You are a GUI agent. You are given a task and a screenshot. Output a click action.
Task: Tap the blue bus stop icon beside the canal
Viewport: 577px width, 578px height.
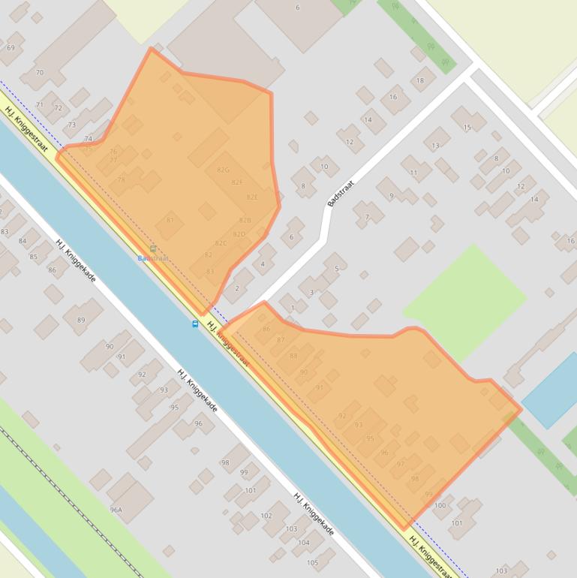coord(195,324)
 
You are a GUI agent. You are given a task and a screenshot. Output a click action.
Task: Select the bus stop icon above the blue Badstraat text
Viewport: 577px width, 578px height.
coord(153,248)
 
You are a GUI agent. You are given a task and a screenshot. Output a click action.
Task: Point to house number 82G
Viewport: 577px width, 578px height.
coord(222,170)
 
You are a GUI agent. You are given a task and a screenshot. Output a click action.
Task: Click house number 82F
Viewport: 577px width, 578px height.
coord(237,182)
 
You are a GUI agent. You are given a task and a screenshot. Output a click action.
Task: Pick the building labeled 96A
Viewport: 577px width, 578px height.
coord(116,510)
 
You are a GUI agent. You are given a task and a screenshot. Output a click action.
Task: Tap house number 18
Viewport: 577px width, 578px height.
coord(419,80)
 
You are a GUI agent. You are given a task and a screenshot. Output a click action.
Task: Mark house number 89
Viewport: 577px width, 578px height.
coord(81,320)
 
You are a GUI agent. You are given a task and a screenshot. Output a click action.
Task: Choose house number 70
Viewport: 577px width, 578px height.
coord(40,73)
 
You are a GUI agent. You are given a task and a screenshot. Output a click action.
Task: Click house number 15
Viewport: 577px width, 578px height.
coord(467,128)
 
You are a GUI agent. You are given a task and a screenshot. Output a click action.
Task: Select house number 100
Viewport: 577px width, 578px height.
coord(440,505)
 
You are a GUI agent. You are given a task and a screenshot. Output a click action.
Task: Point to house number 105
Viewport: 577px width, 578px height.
coord(312,562)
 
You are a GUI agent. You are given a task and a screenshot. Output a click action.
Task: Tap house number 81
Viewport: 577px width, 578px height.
coord(170,220)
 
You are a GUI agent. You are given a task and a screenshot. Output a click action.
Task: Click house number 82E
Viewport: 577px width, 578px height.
coord(252,197)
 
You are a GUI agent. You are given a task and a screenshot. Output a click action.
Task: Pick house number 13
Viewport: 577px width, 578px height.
coord(436,146)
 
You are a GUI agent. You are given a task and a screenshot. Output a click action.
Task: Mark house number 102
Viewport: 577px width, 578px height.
coord(266,516)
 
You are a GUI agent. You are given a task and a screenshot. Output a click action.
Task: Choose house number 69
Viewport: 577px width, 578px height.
coord(11,48)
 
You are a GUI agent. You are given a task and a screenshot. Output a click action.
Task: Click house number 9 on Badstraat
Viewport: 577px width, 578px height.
coord(391,196)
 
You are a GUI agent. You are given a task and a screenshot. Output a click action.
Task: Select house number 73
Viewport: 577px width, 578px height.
coord(72,125)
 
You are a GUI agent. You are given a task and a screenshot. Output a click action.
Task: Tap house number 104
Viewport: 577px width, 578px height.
coord(303,542)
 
